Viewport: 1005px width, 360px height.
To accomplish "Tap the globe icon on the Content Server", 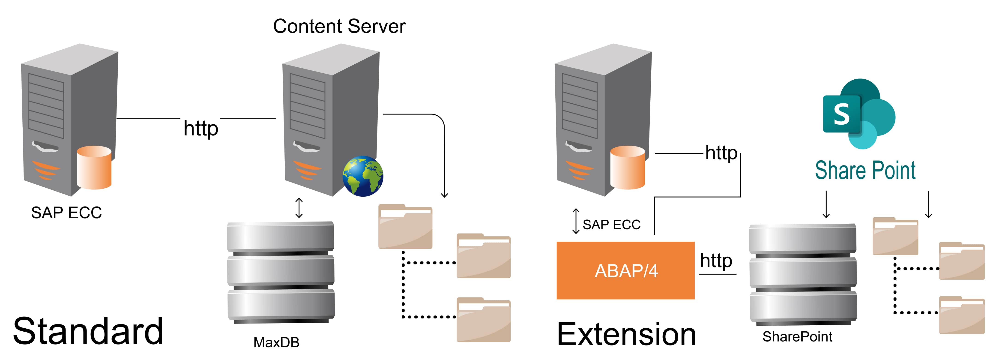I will pyautogui.click(x=363, y=176).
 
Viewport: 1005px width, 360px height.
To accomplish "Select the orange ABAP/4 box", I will pyautogui.click(x=625, y=270).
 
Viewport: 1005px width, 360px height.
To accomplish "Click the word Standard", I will pyautogui.click(x=88, y=332).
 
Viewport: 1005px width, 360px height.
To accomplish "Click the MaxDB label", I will pyautogui.click(x=276, y=342).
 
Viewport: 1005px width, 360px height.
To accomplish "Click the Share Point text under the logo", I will pyautogui.click(x=865, y=171).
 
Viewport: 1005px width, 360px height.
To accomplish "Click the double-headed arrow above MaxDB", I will pyautogui.click(x=299, y=208).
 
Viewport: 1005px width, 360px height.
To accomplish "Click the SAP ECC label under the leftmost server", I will pyautogui.click(x=66, y=213).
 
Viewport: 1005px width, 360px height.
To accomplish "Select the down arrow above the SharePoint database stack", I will pyautogui.click(x=826, y=204).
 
